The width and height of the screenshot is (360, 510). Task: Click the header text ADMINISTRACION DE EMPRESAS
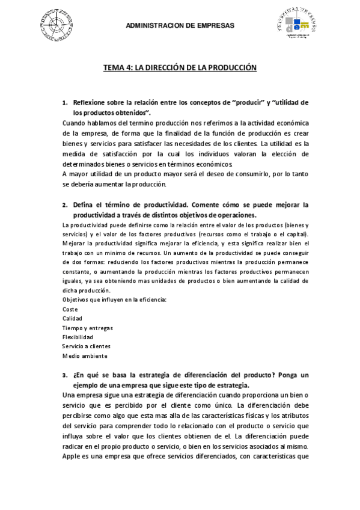tap(180, 26)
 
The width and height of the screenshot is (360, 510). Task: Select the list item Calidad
tap(73, 318)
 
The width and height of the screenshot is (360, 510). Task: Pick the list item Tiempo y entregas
tap(88, 328)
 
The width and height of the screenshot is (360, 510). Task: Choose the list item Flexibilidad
tap(78, 337)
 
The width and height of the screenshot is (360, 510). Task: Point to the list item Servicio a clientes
tap(86, 346)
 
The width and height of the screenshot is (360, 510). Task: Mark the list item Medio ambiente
tap(85, 355)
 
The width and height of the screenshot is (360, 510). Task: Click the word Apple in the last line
tap(72, 456)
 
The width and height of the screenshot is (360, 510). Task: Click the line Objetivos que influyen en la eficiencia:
tap(114, 299)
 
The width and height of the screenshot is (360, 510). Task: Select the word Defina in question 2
tap(83, 204)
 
